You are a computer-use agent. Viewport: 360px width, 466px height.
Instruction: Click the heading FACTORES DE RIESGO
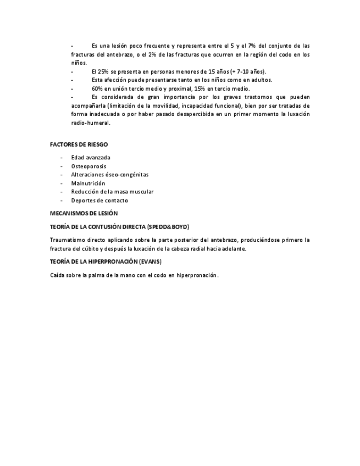click(x=79, y=144)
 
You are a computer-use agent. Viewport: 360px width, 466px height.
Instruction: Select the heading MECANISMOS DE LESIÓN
click(x=84, y=213)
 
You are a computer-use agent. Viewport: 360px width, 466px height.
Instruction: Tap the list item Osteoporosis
click(x=88, y=166)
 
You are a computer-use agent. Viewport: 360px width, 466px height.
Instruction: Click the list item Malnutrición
click(x=88, y=183)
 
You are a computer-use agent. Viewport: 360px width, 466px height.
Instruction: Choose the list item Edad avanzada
click(x=90, y=157)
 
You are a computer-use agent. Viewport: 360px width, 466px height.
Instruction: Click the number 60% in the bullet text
click(x=99, y=88)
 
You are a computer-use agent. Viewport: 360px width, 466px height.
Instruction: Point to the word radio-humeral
click(x=91, y=123)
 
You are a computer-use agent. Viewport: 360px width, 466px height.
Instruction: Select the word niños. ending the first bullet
click(x=79, y=63)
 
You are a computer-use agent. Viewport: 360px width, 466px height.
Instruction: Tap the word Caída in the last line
click(x=58, y=275)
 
